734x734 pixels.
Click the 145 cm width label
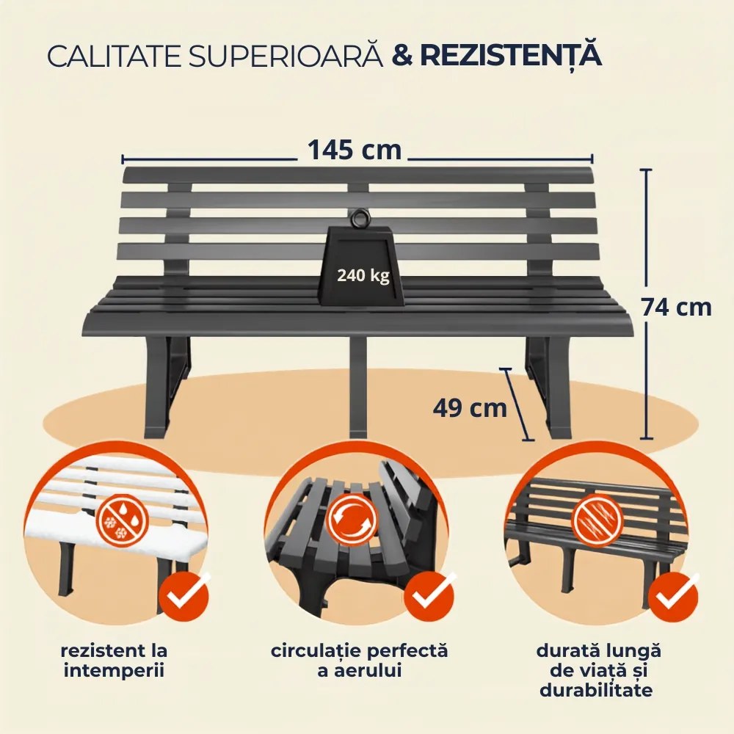pos(355,150)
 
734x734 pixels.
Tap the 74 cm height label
pos(677,308)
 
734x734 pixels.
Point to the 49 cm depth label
pos(470,408)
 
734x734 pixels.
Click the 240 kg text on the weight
pos(363,275)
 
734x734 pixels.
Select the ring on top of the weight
pos(360,219)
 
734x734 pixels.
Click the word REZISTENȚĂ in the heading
pos(511,55)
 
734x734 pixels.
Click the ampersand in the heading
pos(402,56)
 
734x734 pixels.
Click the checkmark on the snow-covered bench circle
pos(183,596)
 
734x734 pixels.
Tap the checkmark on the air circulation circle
pos(429,596)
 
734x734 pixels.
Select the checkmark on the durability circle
pos(676,596)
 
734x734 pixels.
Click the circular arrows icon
pos(352,517)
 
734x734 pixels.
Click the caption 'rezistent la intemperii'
pos(115,661)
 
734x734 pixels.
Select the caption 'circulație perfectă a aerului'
pos(360,661)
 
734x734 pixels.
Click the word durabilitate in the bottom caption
pos(596,690)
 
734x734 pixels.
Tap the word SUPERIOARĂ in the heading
pos(286,56)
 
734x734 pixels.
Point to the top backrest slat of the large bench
pos(358,175)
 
